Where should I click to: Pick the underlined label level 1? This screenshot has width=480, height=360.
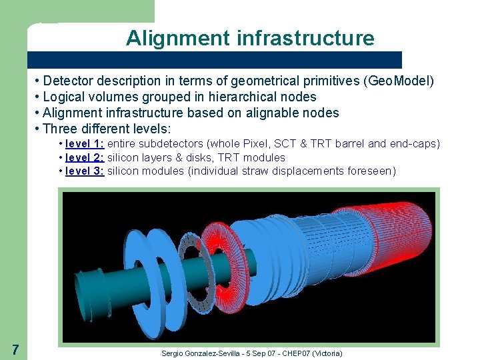[85, 145]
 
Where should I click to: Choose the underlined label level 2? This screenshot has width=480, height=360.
[85, 158]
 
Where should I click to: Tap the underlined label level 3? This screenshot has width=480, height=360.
[85, 171]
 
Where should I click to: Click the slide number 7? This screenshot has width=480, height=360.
[15, 349]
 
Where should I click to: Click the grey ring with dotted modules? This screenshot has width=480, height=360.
[196, 269]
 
